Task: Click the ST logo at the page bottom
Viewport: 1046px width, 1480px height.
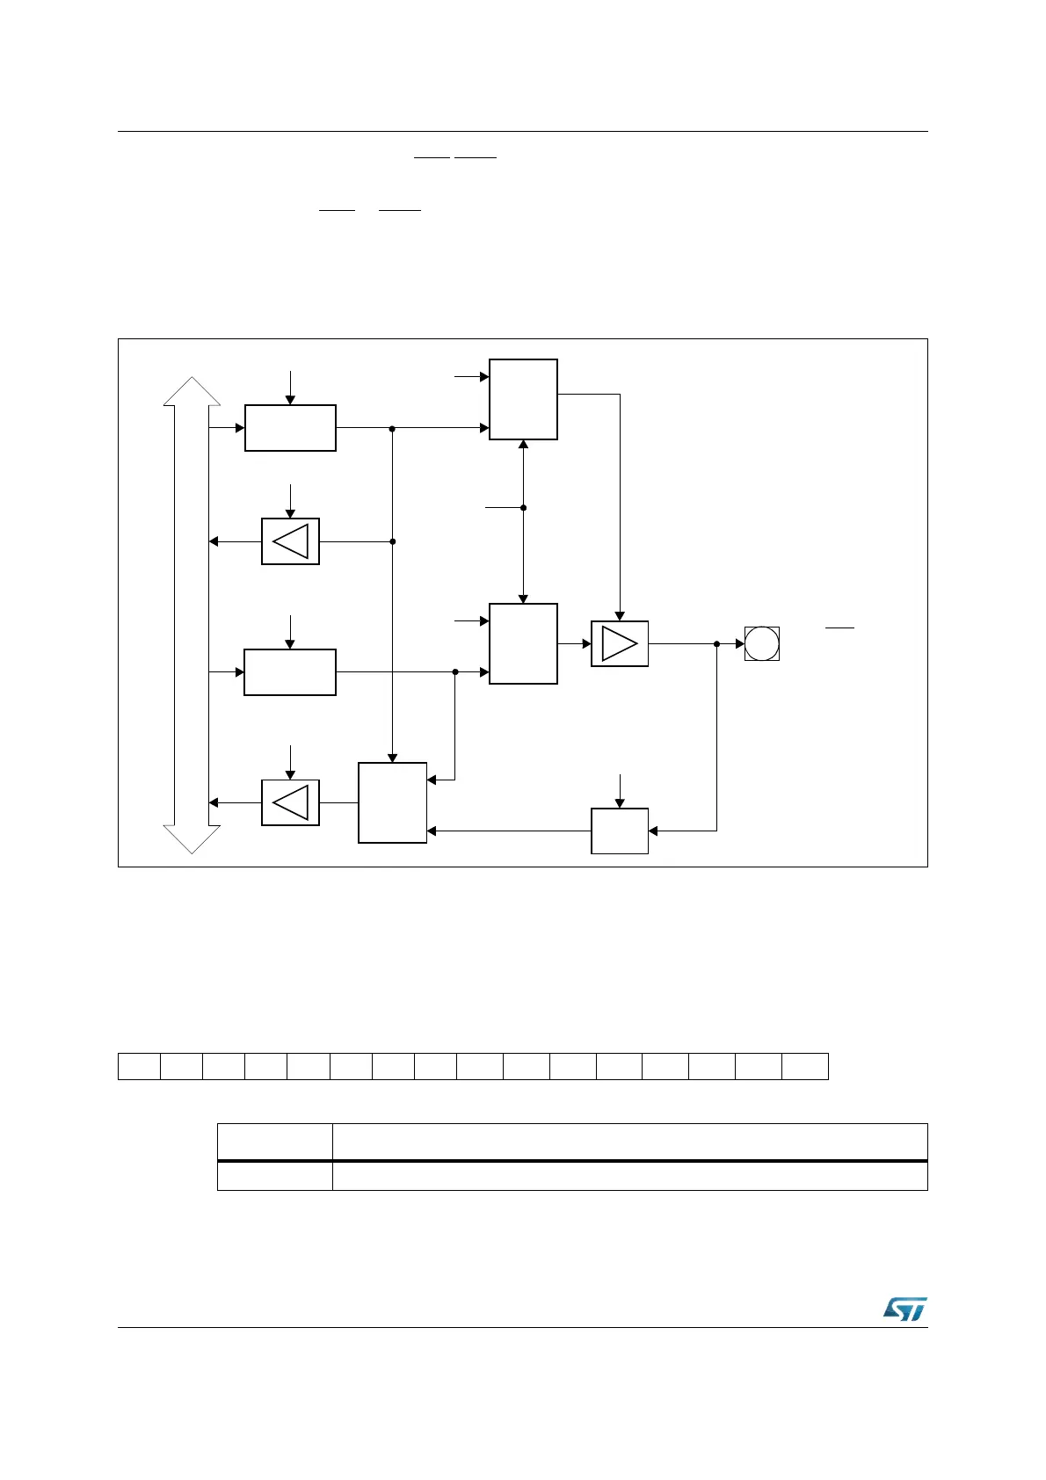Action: click(904, 1309)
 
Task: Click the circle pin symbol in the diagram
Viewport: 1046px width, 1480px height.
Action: click(761, 643)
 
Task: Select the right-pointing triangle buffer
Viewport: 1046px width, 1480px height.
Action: click(620, 643)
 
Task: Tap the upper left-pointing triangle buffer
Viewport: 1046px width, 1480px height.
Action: click(290, 541)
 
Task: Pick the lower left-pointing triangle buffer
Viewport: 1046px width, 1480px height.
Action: click(290, 802)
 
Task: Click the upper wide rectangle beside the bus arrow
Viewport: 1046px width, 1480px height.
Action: click(290, 428)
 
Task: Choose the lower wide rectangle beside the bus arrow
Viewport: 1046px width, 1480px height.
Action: click(290, 672)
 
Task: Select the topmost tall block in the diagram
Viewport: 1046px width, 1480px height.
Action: click(523, 399)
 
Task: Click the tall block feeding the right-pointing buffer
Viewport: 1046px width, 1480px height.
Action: click(523, 643)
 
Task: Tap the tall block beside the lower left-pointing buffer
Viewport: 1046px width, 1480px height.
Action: click(393, 802)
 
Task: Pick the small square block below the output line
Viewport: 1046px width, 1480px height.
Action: click(620, 831)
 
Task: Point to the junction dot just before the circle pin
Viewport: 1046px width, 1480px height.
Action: click(717, 644)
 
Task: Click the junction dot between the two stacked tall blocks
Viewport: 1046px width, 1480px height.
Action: click(523, 508)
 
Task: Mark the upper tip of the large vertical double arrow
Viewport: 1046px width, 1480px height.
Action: click(192, 380)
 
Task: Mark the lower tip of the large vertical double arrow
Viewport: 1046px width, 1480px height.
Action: click(192, 852)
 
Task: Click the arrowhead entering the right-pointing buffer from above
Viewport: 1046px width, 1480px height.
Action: click(620, 616)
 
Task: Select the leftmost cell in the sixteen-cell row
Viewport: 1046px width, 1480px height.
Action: click(140, 1066)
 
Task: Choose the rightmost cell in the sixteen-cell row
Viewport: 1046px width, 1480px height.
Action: click(805, 1066)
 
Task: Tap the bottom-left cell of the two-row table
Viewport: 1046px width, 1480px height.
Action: click(275, 1177)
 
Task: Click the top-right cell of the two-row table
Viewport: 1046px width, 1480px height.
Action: click(629, 1142)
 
